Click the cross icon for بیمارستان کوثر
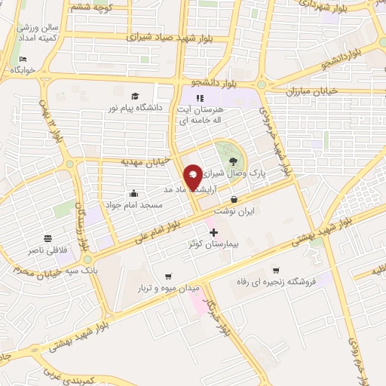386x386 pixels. pyautogui.click(x=213, y=232)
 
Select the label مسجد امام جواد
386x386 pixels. pyautogui.click(x=133, y=204)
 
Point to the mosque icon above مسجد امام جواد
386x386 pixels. pyautogui.click(x=134, y=192)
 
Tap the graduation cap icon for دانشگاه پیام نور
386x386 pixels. pyautogui.click(x=135, y=96)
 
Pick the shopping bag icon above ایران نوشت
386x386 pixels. pyautogui.click(x=234, y=200)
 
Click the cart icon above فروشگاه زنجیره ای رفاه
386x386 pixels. pyautogui.click(x=276, y=270)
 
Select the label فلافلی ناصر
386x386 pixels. pyautogui.click(x=47, y=250)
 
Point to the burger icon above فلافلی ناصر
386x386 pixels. pyautogui.click(x=47, y=237)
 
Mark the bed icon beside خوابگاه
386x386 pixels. pyautogui.click(x=23, y=59)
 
